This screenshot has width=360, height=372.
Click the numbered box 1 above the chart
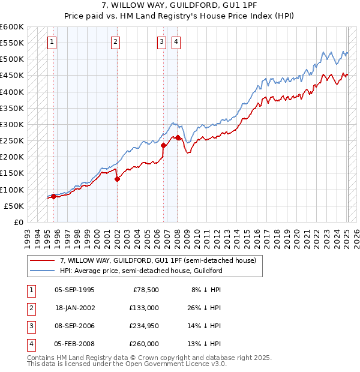click(52, 42)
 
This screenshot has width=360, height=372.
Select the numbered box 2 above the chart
click(115, 42)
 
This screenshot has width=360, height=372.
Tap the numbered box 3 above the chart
click(162, 42)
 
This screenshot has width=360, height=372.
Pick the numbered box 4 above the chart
click(176, 42)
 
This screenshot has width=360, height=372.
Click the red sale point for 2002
click(117, 179)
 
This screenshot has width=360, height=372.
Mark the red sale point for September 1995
click(53, 196)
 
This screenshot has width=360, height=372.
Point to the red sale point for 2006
click(163, 145)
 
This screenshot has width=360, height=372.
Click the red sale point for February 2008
click(178, 137)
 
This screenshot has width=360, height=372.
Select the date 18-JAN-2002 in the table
click(74, 307)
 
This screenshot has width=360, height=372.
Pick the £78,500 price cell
click(146, 289)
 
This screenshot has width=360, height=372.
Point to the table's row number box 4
click(30, 344)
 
